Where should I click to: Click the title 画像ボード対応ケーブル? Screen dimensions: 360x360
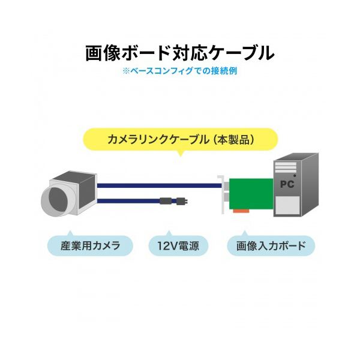180,53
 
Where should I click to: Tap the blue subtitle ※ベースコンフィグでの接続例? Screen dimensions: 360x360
180,70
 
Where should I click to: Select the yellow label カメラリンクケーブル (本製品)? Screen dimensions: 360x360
180,140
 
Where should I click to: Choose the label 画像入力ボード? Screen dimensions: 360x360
271,245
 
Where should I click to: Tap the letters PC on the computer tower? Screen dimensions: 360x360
287,184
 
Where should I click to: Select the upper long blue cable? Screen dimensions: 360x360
156,186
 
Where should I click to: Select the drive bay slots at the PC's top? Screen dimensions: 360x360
287,165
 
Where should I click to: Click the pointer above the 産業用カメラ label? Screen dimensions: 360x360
70,233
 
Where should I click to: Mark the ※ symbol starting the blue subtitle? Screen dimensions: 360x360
125,70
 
